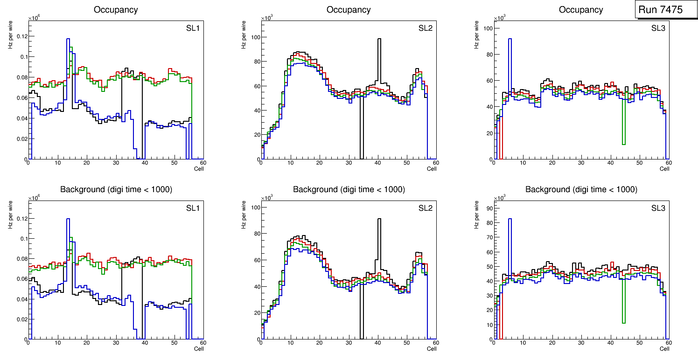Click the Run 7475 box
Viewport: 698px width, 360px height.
point(663,10)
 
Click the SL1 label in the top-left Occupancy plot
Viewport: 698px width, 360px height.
point(193,28)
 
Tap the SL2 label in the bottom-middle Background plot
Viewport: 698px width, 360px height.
point(425,208)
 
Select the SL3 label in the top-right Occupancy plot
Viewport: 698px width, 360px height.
point(658,28)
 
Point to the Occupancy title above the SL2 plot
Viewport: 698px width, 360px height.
point(349,10)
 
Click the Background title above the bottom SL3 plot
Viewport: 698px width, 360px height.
point(581,190)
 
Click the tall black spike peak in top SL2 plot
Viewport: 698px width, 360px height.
point(379,39)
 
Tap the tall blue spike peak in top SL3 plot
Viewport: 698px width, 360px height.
point(510,39)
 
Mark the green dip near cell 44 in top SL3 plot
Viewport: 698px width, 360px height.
point(624,144)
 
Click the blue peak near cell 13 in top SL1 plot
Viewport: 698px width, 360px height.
point(68,39)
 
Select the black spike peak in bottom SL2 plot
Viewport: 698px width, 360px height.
point(379,219)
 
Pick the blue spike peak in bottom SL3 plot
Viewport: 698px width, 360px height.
point(510,219)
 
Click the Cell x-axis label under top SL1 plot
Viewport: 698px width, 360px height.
point(199,168)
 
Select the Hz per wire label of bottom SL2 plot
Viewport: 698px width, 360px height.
point(244,215)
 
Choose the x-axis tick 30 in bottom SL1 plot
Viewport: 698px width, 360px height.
point(116,343)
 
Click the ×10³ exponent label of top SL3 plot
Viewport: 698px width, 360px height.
point(499,18)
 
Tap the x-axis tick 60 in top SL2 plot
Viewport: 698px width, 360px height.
point(435,163)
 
